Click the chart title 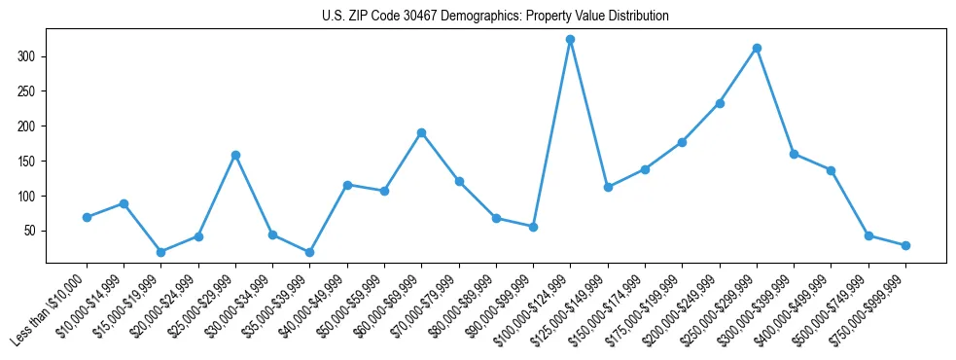pos(495,17)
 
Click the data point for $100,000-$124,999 pos(571,40)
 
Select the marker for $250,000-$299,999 pos(757,48)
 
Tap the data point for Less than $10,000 pos(88,217)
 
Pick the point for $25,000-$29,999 pos(235,155)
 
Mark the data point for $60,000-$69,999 pos(421,132)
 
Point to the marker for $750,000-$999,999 pos(905,245)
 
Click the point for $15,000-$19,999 pos(161,252)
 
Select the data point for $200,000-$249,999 pos(720,103)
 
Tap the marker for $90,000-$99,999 pos(533,227)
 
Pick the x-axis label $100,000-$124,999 pos(531,311)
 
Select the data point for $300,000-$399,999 pos(795,154)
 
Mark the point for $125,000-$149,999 pos(608,187)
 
